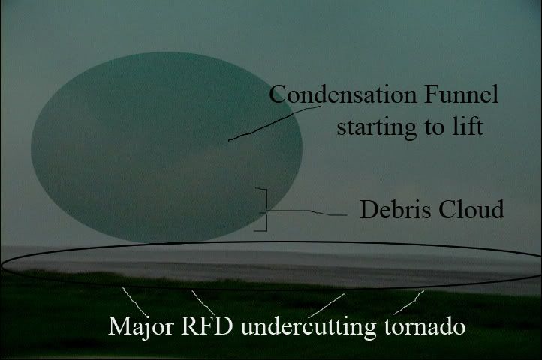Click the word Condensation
(343, 94)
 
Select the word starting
(376, 127)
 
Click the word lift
(467, 126)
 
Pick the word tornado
(424, 325)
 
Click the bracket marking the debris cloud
(266, 209)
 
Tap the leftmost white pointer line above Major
(135, 301)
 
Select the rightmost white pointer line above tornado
(408, 303)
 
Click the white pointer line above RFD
(203, 303)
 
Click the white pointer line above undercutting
(327, 305)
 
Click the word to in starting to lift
(434, 127)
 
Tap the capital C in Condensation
(277, 94)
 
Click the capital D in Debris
(369, 209)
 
